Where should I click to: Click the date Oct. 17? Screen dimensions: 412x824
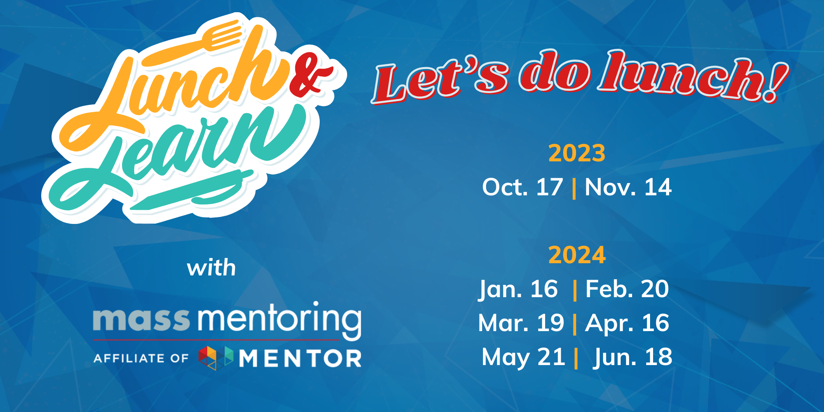coord(522,187)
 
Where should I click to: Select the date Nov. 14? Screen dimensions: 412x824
coord(628,187)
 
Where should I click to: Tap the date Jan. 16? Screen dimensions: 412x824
coord(518,289)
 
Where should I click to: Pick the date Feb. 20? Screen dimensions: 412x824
coord(627,289)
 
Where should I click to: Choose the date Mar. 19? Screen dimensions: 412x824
coord(521,323)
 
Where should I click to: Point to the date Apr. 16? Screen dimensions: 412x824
coord(627,323)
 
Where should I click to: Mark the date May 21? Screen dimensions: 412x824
coord(523,357)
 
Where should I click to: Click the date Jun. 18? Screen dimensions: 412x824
coord(632,357)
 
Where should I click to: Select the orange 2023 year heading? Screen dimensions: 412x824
coord(577,153)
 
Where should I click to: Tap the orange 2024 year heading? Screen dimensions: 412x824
coord(577,255)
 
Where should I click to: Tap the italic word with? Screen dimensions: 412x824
coord(211,268)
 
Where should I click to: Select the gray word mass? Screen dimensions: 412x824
coord(141,320)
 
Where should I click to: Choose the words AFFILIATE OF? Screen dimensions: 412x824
coord(141,358)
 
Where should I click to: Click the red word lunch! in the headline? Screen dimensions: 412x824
coord(692,76)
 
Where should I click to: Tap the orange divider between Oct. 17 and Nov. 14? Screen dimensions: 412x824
coord(574,188)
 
